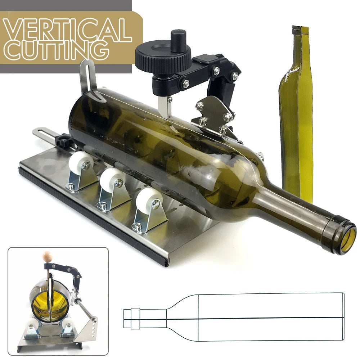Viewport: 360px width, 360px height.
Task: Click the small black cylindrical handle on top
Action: pyautogui.click(x=178, y=40)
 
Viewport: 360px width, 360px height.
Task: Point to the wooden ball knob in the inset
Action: pyautogui.click(x=48, y=257)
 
